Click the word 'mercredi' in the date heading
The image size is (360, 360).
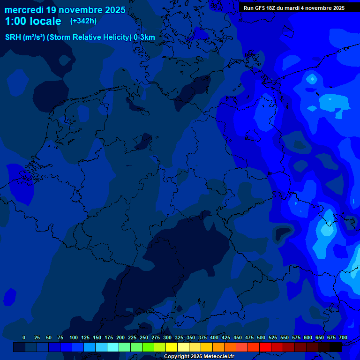[24, 10]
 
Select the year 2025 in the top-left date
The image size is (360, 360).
[112, 10]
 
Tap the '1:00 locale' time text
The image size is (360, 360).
[33, 22]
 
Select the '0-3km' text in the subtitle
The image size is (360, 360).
[144, 37]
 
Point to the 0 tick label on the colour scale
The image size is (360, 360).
[24, 337]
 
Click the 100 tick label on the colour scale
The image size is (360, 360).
[74, 337]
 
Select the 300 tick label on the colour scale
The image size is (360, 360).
[167, 337]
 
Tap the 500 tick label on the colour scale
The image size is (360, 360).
[261, 337]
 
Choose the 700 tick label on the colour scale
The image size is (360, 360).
[343, 337]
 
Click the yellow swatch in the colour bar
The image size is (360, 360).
[172, 347]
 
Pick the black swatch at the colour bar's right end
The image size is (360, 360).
[336, 347]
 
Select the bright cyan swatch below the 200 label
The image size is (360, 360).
[113, 347]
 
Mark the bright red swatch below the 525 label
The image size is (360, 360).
[265, 347]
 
